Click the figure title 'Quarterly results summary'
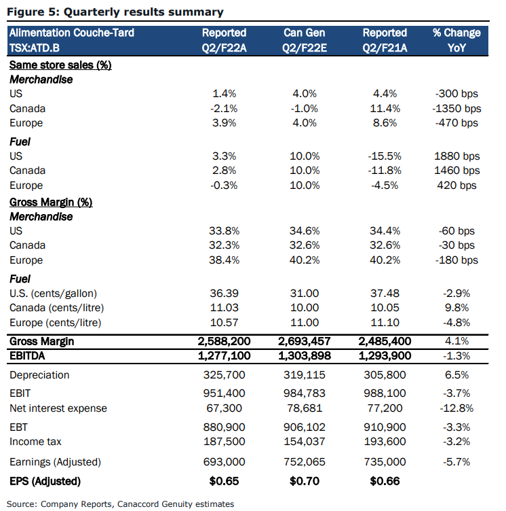144,12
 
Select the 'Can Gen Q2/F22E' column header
305,40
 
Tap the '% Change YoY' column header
456,40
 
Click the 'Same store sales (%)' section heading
60,65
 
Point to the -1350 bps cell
456,109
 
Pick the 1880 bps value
457,156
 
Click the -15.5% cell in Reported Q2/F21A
385,156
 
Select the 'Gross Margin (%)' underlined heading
51,202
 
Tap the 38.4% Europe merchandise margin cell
225,260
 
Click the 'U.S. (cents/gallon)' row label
54,294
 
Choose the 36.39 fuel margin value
225,294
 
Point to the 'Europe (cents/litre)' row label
56,323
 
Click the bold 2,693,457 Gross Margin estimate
305,341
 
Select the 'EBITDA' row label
27,355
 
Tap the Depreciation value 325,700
225,375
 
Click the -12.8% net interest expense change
456,408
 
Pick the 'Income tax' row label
35,442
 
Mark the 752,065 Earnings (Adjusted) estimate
305,462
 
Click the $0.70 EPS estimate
305,481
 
